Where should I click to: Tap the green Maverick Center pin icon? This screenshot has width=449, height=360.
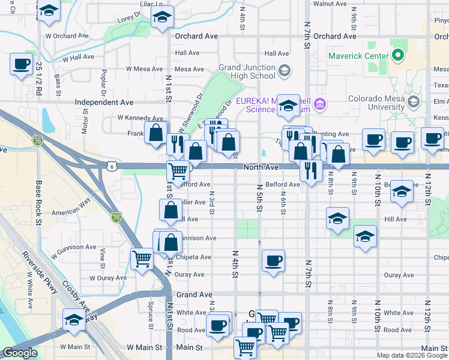pyautogui.click(x=397, y=57)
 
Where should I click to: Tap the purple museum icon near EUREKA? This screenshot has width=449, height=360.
pyautogui.click(x=320, y=105)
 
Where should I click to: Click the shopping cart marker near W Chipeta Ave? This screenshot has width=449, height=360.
pyautogui.click(x=142, y=259)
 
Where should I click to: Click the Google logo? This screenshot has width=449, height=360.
pyautogui.click(x=20, y=353)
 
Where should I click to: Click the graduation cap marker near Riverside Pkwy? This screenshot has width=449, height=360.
pyautogui.click(x=74, y=319)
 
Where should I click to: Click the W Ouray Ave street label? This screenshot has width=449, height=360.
pyautogui.click(x=109, y=278)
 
